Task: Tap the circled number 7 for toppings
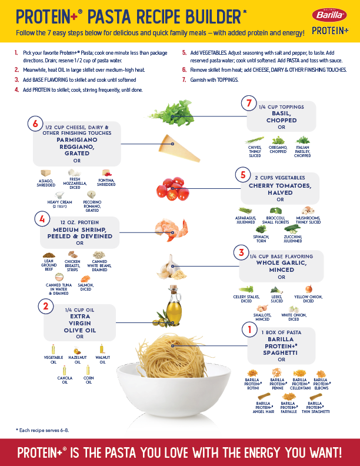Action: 249,104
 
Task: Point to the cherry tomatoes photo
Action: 171,187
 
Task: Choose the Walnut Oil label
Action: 103,360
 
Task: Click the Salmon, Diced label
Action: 86,287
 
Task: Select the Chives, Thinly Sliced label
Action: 254,152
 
